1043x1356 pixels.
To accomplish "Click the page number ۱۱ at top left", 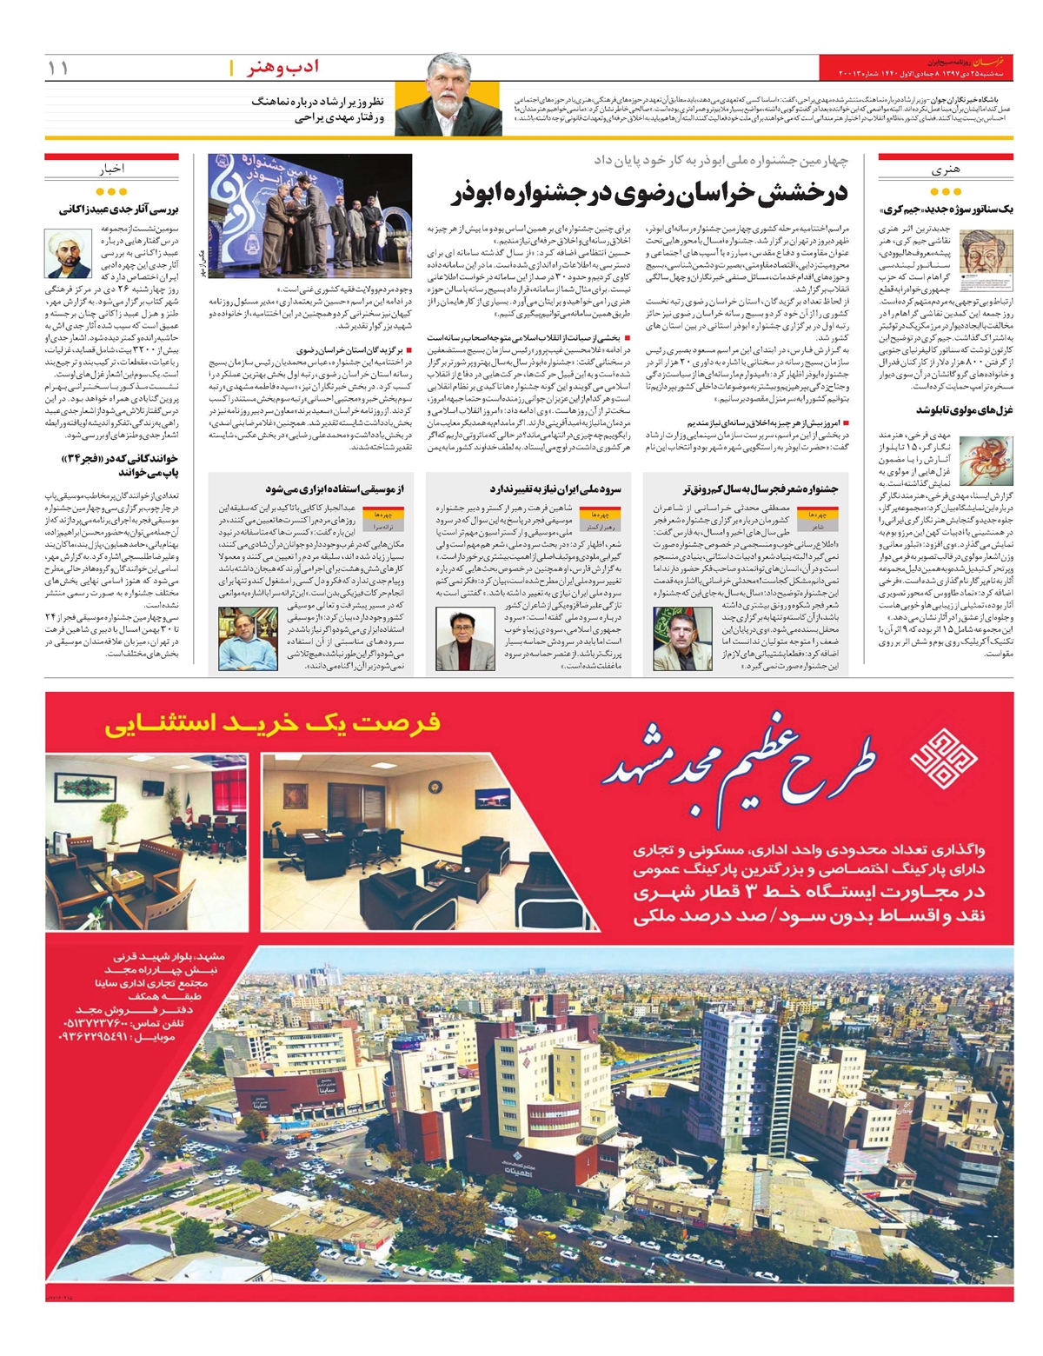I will click(x=58, y=68).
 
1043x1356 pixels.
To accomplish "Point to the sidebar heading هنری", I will click(x=944, y=170).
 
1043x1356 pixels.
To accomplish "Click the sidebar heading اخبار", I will click(x=111, y=169).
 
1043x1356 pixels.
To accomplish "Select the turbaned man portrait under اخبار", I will click(x=69, y=253).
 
